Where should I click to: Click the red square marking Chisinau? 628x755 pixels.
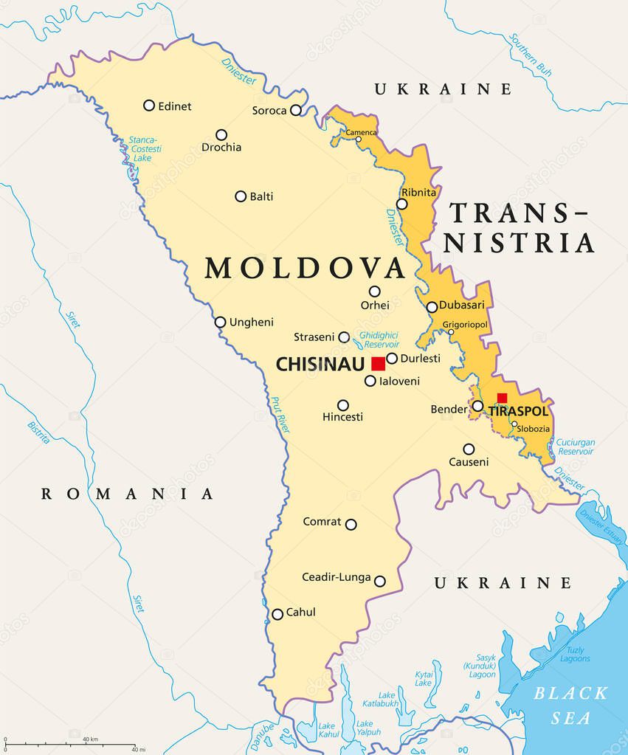click(378, 363)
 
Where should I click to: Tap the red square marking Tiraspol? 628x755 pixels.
click(502, 398)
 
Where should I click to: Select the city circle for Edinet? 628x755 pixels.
click(149, 106)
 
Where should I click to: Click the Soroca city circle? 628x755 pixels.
click(296, 110)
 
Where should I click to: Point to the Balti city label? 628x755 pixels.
click(261, 196)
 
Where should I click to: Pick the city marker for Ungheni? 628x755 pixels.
click(220, 322)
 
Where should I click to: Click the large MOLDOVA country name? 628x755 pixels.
click(306, 268)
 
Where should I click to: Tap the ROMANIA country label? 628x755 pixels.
click(127, 494)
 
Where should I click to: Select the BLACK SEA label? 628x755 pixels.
click(571, 705)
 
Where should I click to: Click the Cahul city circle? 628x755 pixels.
click(277, 614)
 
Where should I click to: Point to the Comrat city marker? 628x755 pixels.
click(351, 525)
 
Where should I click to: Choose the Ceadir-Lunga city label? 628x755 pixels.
click(336, 577)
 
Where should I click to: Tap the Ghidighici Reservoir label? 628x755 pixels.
click(379, 339)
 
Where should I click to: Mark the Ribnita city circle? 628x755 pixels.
click(402, 204)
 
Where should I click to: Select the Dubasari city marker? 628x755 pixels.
click(432, 307)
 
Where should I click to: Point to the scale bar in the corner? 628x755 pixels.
click(70, 744)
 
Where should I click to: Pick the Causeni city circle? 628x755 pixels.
click(469, 449)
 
